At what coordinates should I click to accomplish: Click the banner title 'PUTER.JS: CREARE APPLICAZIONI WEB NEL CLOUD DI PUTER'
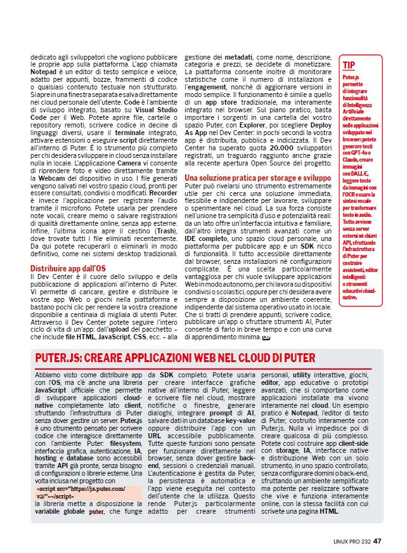(175, 358)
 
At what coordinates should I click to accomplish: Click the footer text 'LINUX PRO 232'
(352, 541)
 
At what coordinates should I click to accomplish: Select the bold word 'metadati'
(232, 56)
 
